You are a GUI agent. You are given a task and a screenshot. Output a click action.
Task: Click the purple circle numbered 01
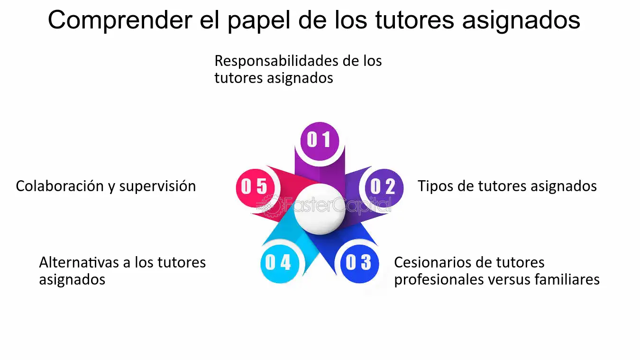tap(320, 141)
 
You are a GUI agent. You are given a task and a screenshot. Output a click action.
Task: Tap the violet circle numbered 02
tap(384, 188)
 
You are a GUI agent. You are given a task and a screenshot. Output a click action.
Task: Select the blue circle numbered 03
tap(359, 264)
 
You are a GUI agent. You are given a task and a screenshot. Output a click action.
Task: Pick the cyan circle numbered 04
tap(280, 264)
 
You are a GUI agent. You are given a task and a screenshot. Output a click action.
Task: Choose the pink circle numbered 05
tap(255, 188)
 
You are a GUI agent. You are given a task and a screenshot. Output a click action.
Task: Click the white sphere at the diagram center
tap(320, 209)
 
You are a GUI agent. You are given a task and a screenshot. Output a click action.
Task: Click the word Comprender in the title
tap(120, 20)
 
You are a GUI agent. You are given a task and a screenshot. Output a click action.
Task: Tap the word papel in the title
tap(259, 20)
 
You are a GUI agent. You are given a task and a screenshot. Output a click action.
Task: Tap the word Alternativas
tap(79, 262)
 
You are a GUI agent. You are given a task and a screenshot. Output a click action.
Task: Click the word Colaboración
tap(60, 186)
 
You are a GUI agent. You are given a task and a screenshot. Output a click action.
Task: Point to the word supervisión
tap(157, 186)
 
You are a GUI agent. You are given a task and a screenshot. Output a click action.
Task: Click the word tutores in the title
tap(414, 20)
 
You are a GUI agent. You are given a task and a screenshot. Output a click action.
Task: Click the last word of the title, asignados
tap(521, 20)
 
